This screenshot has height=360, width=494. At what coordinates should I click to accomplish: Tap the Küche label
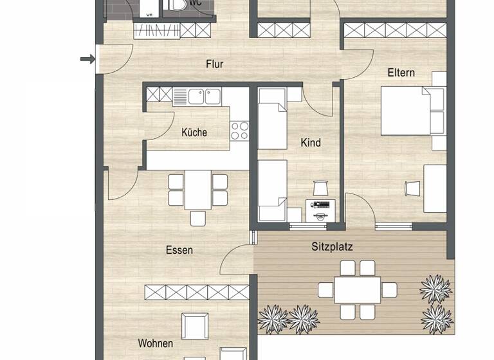(194, 132)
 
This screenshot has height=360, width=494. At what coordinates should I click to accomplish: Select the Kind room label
(310, 143)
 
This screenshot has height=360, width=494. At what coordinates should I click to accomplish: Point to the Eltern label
(401, 73)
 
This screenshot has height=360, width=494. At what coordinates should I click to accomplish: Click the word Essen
(179, 250)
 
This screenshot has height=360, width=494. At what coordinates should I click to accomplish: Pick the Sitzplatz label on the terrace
(332, 246)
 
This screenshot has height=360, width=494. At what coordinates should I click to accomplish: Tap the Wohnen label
(155, 343)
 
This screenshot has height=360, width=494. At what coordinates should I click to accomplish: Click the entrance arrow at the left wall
(87, 60)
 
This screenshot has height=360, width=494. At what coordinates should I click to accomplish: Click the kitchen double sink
(197, 96)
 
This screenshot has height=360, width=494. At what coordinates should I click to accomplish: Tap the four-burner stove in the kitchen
(239, 130)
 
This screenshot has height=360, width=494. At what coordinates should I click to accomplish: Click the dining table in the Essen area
(197, 190)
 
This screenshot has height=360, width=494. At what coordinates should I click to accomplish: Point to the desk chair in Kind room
(320, 188)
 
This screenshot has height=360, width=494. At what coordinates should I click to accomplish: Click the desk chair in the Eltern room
(411, 188)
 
